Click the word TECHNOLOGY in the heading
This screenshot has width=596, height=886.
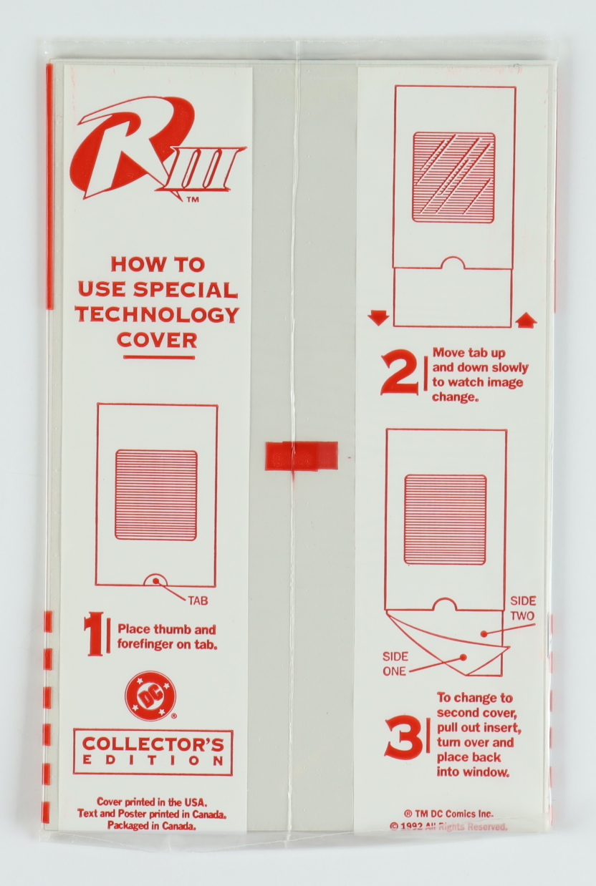(158, 314)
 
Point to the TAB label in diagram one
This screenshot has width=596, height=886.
(198, 601)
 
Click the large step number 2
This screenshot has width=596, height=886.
(399, 374)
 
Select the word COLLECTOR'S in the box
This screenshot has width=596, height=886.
(153, 745)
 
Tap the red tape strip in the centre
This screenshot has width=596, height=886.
(302, 457)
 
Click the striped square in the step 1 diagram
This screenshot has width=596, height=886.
(156, 495)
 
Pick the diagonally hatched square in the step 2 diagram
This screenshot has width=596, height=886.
(454, 177)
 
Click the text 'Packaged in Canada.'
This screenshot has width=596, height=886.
(152, 826)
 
